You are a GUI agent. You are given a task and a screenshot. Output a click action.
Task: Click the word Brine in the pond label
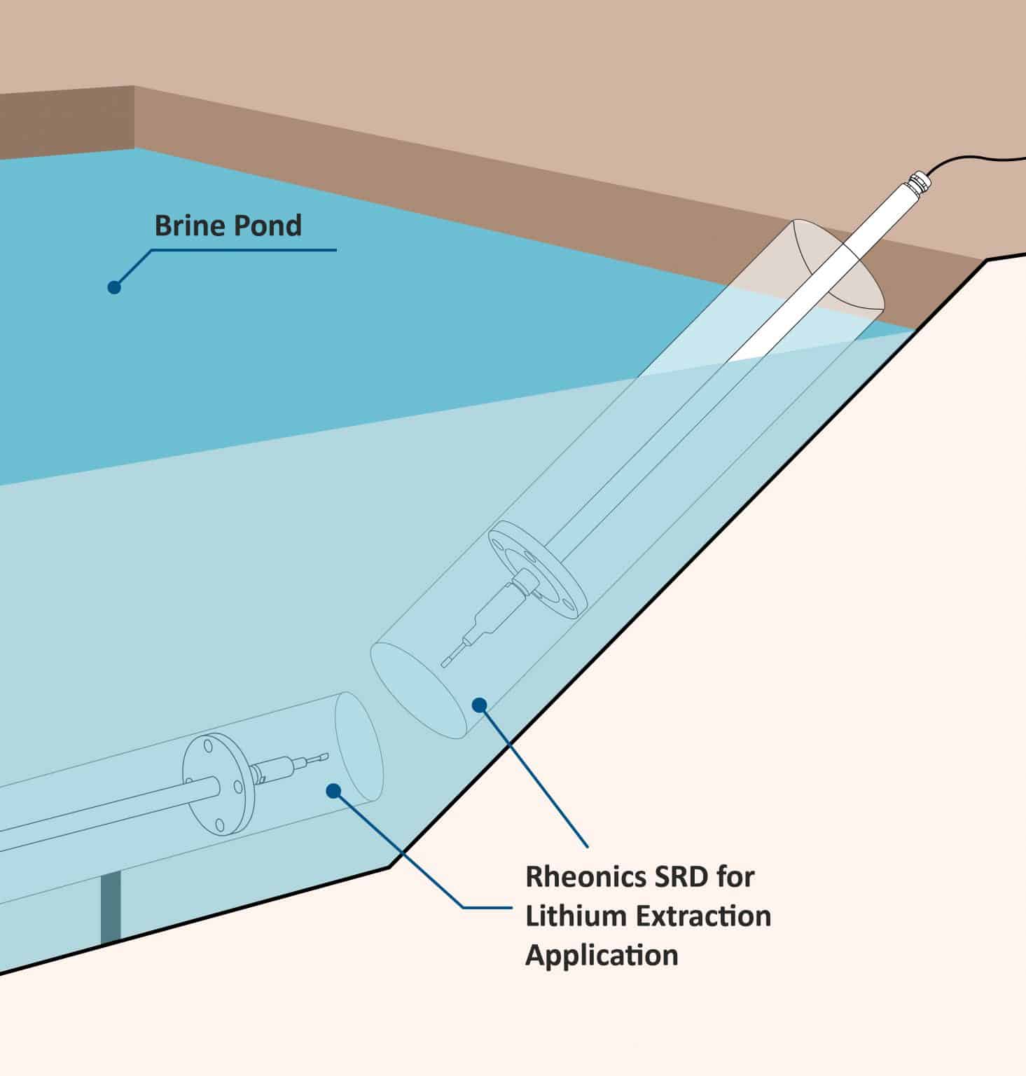click(184, 226)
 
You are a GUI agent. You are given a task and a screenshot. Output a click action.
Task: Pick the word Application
click(602, 956)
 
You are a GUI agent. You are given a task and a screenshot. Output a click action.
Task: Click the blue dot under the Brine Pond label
click(114, 287)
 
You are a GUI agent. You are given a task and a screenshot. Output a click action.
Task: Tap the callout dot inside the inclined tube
click(480, 705)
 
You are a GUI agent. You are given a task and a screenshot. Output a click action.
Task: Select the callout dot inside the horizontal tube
click(333, 791)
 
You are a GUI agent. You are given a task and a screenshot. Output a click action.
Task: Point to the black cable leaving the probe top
click(980, 159)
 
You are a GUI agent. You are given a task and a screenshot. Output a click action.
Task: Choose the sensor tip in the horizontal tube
click(320, 757)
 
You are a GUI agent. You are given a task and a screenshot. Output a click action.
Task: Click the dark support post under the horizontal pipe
click(111, 907)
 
